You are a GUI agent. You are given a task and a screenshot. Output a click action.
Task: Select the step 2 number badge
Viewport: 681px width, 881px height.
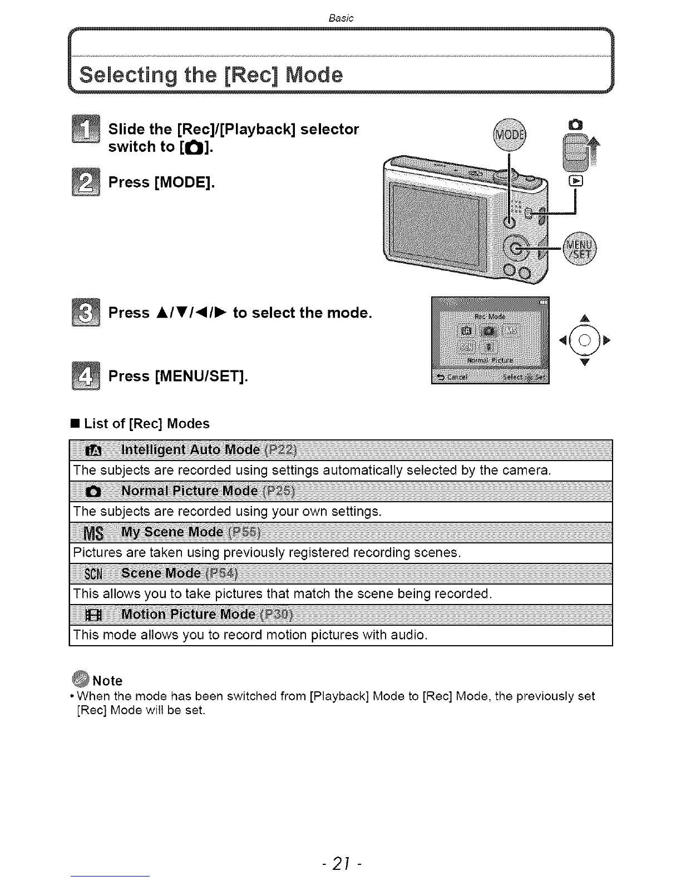pyautogui.click(x=86, y=182)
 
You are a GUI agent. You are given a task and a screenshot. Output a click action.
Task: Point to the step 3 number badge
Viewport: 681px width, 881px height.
pyautogui.click(x=86, y=313)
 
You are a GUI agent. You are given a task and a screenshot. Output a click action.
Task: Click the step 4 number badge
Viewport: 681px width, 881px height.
pyautogui.click(x=86, y=376)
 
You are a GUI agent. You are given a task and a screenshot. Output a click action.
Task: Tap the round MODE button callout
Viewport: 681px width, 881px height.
pyautogui.click(x=509, y=135)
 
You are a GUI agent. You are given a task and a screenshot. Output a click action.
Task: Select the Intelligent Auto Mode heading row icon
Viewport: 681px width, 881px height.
pyautogui.click(x=92, y=450)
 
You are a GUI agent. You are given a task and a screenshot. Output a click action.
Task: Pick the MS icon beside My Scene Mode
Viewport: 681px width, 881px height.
pyautogui.click(x=92, y=533)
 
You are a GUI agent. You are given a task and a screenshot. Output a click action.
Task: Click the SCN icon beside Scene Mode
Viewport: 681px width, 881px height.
pyautogui.click(x=92, y=573)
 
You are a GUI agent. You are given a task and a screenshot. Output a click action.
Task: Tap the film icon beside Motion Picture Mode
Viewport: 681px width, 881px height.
pyautogui.click(x=92, y=615)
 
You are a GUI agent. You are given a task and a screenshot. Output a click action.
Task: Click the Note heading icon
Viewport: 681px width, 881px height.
pyautogui.click(x=81, y=680)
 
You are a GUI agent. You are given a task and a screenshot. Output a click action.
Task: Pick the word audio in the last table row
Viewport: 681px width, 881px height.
pyautogui.click(x=408, y=635)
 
